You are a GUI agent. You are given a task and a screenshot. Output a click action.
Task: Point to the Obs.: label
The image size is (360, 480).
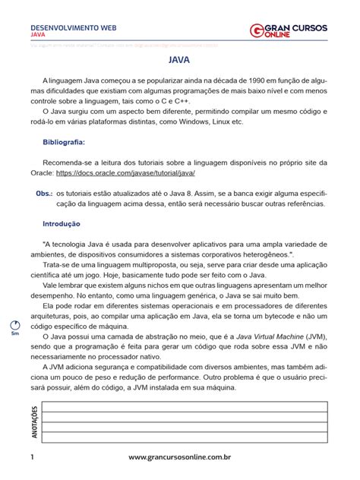(44, 193)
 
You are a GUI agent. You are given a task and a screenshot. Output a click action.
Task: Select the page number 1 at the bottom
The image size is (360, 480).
(33, 458)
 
